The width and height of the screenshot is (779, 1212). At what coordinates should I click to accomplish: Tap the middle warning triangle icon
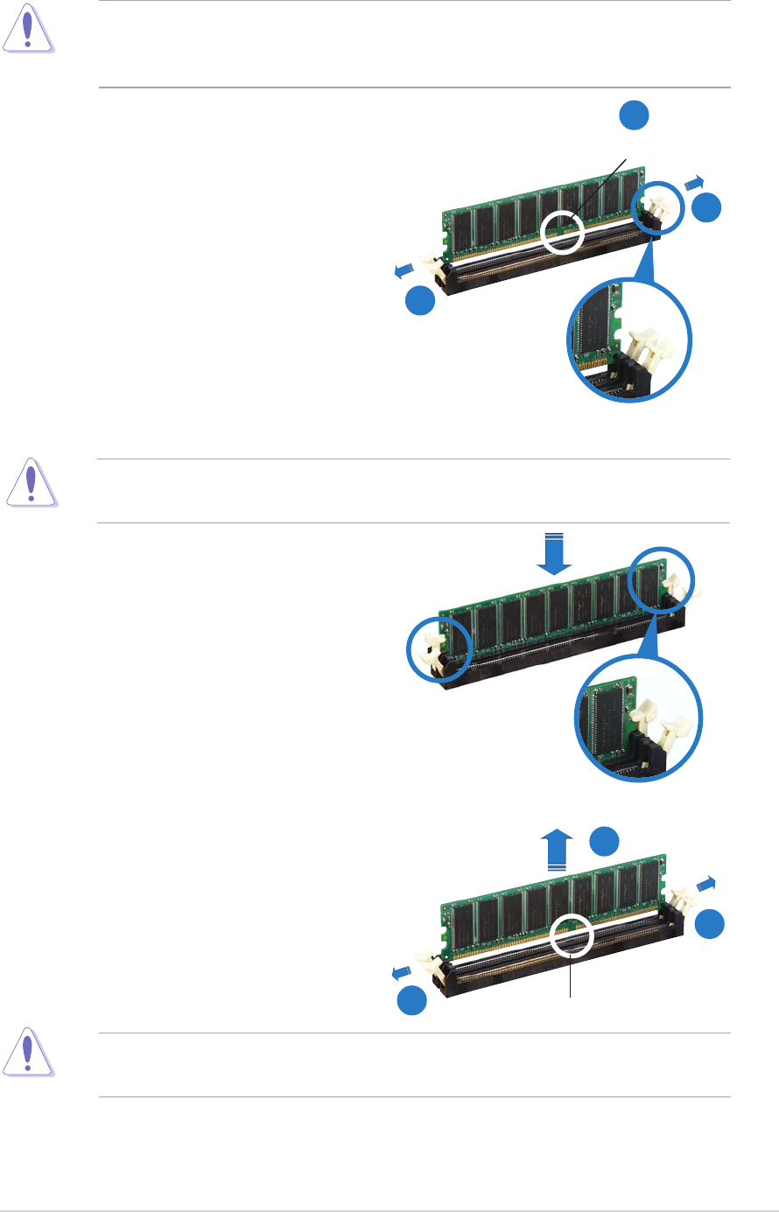point(32,482)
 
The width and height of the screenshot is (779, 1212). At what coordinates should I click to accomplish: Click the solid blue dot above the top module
point(635,116)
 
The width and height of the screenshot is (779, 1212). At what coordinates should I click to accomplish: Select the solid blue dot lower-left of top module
point(420,300)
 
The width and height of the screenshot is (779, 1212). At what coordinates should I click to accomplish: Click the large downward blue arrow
point(554,554)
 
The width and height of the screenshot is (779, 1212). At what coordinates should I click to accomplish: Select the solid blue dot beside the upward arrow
point(604,839)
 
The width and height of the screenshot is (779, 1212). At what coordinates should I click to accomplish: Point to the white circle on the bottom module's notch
point(573,935)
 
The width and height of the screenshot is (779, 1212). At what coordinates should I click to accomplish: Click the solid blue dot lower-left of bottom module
point(412,1001)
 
